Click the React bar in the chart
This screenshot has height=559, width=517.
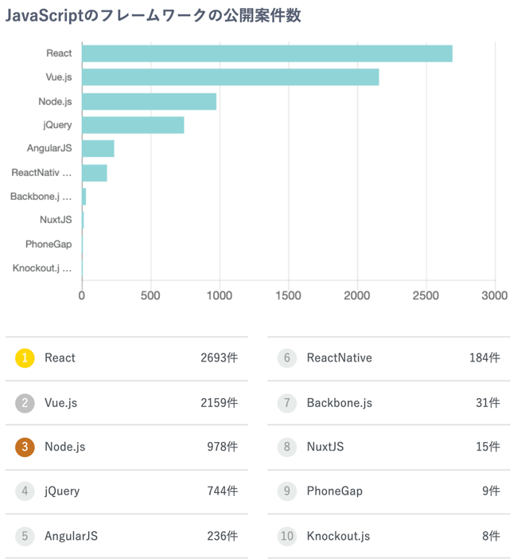[266, 53]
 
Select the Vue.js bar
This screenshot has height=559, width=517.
[230, 77]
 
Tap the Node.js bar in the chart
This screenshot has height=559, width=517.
[149, 101]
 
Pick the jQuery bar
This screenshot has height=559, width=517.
[133, 125]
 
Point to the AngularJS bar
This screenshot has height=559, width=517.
[98, 149]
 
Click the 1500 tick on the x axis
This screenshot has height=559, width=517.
[288, 295]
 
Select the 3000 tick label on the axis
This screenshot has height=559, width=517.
[495, 295]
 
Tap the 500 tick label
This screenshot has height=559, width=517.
[150, 295]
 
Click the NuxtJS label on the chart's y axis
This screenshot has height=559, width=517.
[56, 220]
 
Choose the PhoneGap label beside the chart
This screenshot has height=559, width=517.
[49, 244]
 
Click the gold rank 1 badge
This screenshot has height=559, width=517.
[25, 358]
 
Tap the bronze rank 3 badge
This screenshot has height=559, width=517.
[25, 447]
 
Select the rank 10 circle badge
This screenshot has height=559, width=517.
[287, 536]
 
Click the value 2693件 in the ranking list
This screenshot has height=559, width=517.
[219, 358]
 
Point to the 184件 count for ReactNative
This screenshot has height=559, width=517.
[484, 358]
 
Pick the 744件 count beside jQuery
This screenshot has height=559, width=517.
[222, 491]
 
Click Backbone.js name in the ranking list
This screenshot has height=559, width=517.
[339, 403]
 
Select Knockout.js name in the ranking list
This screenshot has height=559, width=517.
[338, 536]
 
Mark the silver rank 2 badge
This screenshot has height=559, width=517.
[25, 403]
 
